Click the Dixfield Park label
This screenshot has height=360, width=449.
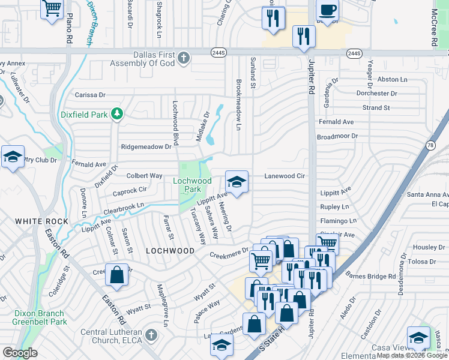click(83, 113)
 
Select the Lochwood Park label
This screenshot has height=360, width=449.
click(187, 185)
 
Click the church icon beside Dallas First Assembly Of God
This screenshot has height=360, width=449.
click(184, 58)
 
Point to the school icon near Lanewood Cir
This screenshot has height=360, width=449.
click(237, 181)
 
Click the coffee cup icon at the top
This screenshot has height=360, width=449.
click(327, 10)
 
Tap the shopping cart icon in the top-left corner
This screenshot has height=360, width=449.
click(52, 8)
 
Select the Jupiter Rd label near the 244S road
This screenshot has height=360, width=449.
click(311, 76)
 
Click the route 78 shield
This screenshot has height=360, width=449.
click(430, 145)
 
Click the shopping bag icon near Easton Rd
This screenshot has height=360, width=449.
click(116, 275)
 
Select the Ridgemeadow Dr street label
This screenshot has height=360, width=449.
click(146, 146)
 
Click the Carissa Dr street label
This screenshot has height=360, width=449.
click(89, 94)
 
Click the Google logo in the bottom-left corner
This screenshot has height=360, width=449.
click(20, 353)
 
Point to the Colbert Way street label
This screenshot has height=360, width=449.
click(144, 176)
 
